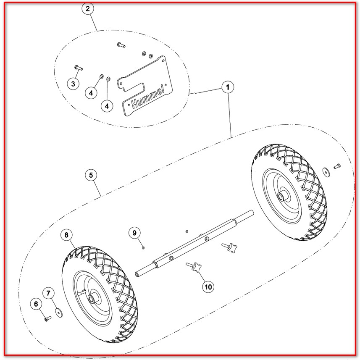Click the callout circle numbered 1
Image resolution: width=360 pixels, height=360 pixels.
pyautogui.click(x=228, y=87)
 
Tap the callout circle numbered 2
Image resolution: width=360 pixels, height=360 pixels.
pyautogui.click(x=88, y=9)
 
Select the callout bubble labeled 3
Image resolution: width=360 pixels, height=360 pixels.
pyautogui.click(x=73, y=84)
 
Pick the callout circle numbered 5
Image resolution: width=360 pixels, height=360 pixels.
pyautogui.click(x=91, y=175)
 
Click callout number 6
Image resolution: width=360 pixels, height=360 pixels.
pyautogui.click(x=36, y=304)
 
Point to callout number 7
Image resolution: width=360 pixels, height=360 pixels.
pyautogui.click(x=48, y=293)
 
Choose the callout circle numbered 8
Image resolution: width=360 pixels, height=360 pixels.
pyautogui.click(x=67, y=235)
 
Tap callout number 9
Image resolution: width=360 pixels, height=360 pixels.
pyautogui.click(x=134, y=233)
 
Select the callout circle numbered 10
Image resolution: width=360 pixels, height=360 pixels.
pyautogui.click(x=208, y=287)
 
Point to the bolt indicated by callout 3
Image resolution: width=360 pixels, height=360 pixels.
pyautogui.click(x=79, y=68)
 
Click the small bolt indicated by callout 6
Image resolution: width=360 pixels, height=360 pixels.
pyautogui.click(x=48, y=319)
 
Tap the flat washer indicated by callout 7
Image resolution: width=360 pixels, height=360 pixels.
pyautogui.click(x=59, y=313)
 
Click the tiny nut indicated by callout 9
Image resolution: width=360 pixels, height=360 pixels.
pyautogui.click(x=143, y=247)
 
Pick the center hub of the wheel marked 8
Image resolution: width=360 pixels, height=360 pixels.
pyautogui.click(x=93, y=299)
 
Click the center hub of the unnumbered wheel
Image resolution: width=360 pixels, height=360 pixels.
pyautogui.click(x=281, y=196)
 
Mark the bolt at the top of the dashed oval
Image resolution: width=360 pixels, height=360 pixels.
pyautogui.click(x=121, y=45)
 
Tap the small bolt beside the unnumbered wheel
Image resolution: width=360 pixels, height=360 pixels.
pyautogui.click(x=337, y=166)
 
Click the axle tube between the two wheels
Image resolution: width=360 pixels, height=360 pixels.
pyautogui.click(x=194, y=244)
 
